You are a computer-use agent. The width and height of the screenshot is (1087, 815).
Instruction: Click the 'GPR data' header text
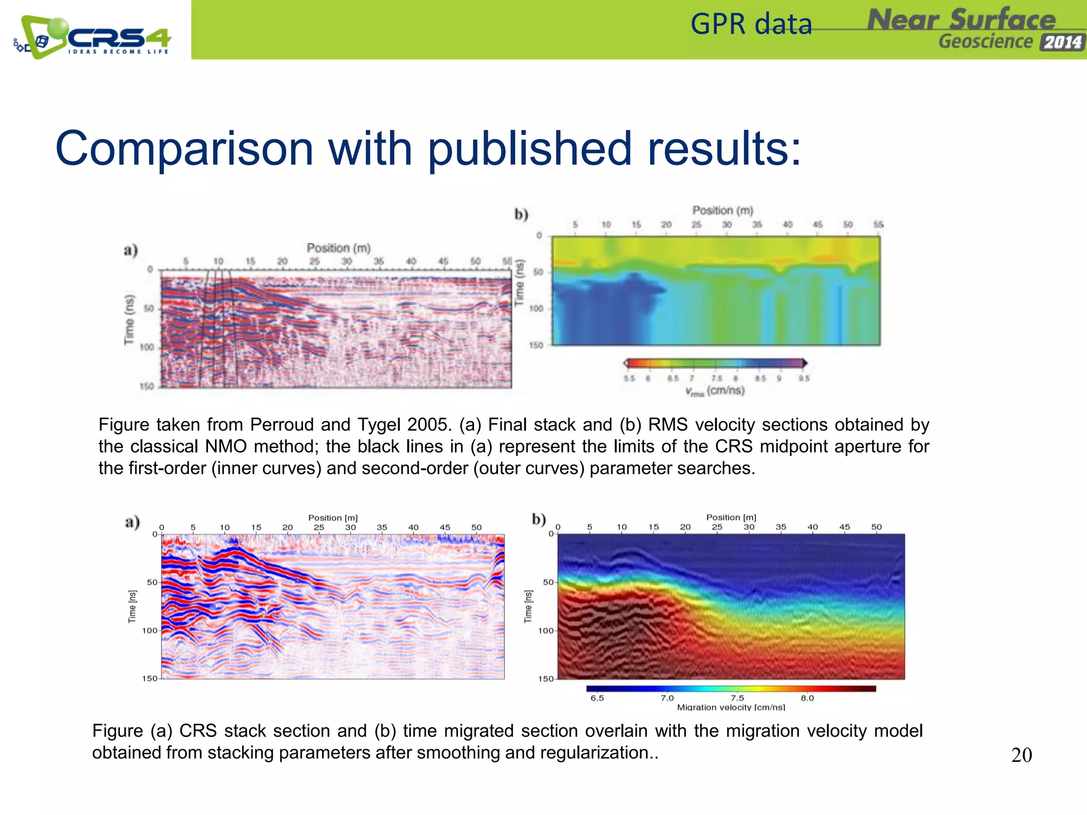751,25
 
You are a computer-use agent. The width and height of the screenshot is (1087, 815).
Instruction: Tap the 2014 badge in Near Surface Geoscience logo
1062,42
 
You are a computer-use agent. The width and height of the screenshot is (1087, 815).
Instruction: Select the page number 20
1021,755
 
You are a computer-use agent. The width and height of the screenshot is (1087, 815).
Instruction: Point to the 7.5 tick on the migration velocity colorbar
737,698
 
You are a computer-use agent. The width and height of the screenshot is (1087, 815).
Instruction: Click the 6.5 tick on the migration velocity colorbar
597,698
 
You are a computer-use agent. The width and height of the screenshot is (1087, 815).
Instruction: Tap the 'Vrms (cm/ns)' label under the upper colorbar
715,391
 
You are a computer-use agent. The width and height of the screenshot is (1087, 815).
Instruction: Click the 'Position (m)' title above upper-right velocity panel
723,211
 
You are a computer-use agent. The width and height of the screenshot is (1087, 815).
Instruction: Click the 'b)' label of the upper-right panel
521,214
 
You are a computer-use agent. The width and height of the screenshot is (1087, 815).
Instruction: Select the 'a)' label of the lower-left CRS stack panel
132,522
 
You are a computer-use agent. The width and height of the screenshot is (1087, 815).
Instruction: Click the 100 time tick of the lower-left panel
149,630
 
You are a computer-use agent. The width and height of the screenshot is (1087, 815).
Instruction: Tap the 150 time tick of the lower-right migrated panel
545,679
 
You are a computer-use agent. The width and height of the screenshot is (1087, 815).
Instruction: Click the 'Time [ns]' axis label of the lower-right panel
528,606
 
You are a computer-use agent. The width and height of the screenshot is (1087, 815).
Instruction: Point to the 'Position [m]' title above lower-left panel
333,518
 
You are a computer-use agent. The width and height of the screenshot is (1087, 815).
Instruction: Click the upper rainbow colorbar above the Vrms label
715,363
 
